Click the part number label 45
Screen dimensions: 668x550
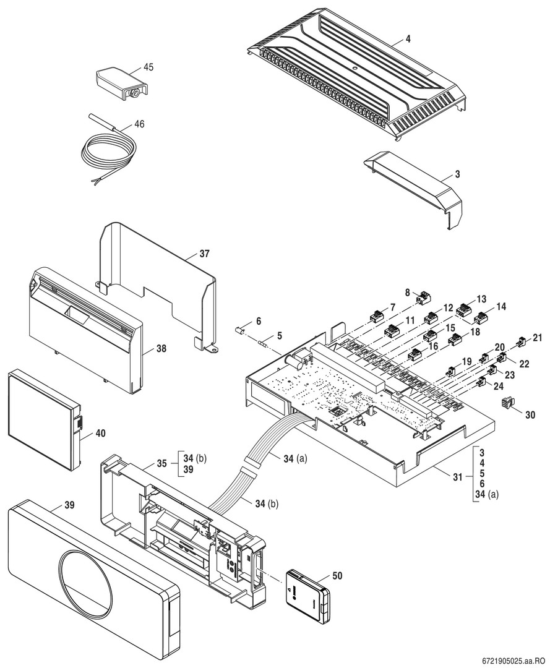click(148, 67)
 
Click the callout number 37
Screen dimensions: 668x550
click(205, 255)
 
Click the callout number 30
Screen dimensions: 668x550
click(530, 415)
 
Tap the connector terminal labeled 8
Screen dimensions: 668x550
click(424, 298)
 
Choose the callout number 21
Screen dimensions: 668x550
click(537, 338)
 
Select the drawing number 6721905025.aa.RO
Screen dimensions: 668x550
click(511, 660)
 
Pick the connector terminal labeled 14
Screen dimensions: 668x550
click(480, 319)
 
